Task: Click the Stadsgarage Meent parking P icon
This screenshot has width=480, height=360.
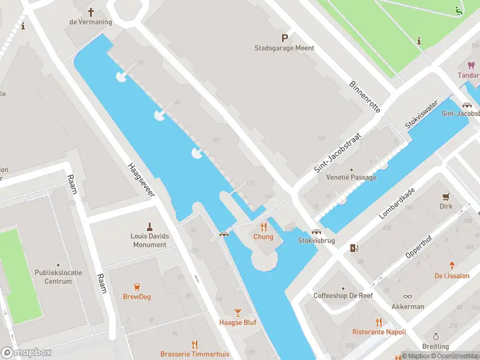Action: pos(284,37)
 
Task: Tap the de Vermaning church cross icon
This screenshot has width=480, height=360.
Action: pos(91,11)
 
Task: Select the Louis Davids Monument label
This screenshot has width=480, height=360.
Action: pos(149,240)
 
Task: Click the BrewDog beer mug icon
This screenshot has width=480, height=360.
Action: pos(136,286)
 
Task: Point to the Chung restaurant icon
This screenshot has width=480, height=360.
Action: pos(263,226)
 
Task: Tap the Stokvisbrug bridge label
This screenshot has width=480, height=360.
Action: pos(316,241)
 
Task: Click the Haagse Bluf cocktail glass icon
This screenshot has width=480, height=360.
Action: pos(238,312)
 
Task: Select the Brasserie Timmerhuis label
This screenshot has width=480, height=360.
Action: pos(194,354)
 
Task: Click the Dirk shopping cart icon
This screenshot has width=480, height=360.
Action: pos(445,196)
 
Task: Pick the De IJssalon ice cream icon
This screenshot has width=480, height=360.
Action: pos(451,265)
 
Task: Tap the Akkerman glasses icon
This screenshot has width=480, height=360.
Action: pos(407,296)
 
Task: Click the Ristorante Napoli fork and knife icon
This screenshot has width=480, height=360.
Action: pos(379,322)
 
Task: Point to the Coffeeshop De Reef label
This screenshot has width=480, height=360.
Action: pos(343,296)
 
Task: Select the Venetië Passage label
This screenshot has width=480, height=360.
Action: pos(351,178)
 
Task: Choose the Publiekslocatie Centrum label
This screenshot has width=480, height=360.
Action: pos(58,277)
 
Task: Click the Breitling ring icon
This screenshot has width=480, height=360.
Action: pos(436,337)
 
